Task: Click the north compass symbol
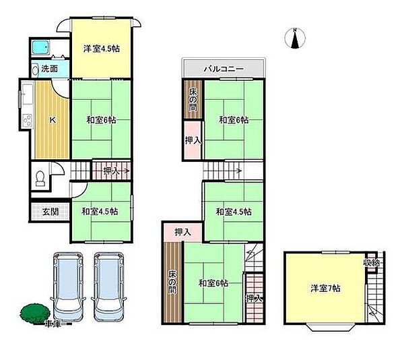(x=295, y=38)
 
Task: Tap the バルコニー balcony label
(x=224, y=69)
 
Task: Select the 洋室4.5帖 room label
(x=102, y=49)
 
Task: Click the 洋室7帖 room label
(x=325, y=288)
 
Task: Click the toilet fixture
(x=40, y=178)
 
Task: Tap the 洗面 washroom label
(x=49, y=69)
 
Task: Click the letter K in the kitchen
(x=53, y=120)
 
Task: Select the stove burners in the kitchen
(x=28, y=120)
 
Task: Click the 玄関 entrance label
(x=50, y=212)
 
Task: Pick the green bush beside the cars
(x=35, y=313)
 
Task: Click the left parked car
(x=69, y=287)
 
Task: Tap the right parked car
(x=109, y=287)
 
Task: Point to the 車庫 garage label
(x=53, y=324)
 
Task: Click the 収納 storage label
(x=372, y=263)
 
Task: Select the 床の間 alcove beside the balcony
(x=193, y=100)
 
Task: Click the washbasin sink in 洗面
(x=35, y=70)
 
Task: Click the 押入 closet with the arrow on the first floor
(x=112, y=170)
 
